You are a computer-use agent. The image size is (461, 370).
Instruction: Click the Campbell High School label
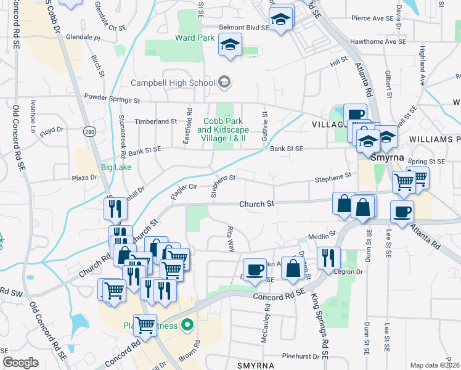(x=173, y=82)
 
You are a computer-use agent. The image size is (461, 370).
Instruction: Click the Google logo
(x=21, y=363)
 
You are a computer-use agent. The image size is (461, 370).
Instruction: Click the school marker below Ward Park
(x=230, y=44)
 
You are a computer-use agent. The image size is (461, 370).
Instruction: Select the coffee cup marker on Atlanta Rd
(x=402, y=212)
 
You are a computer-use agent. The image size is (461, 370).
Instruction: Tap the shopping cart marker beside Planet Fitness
(x=145, y=323)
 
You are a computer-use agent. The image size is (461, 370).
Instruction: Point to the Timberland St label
(x=156, y=121)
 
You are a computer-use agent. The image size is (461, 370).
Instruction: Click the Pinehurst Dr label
(x=301, y=356)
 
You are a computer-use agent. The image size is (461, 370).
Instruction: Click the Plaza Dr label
(x=85, y=177)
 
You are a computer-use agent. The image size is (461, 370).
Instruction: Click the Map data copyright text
(x=434, y=364)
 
